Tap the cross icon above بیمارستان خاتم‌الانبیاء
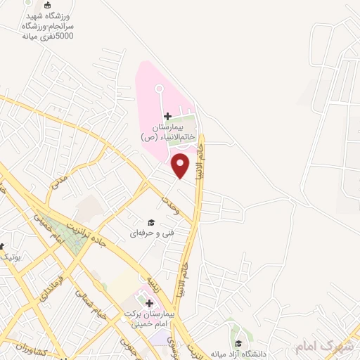(167, 115)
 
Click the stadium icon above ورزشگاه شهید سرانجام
(47, 5)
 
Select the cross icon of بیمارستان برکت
(149, 302)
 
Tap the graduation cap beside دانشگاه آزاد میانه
(239, 343)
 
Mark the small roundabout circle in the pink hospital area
(158, 89)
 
